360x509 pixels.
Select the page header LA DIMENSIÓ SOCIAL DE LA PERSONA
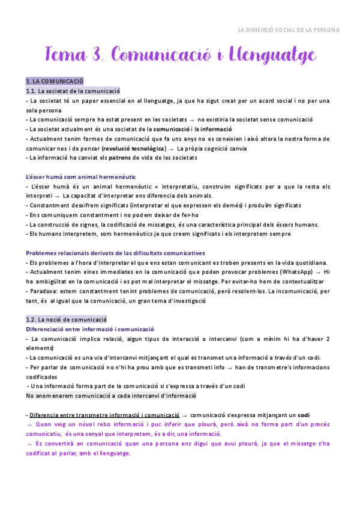289,29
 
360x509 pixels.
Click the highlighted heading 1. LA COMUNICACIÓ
55,81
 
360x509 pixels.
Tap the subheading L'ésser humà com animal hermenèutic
81,177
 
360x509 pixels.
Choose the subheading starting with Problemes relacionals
115,253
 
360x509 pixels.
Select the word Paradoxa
44,291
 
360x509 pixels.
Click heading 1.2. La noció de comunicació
67,319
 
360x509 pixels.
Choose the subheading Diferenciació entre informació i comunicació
91,329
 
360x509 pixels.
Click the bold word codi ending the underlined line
304,415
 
